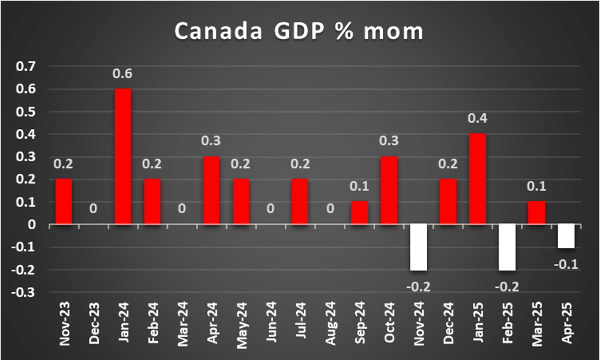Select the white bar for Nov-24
(418, 247)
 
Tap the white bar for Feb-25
(507, 247)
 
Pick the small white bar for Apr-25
(566, 236)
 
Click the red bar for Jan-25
(478, 179)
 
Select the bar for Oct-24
(389, 190)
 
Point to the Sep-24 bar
(359, 213)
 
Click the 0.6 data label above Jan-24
(123, 74)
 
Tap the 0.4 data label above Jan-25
(478, 119)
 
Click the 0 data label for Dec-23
(93, 209)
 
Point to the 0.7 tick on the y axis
(28, 66)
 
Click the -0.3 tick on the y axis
(27, 293)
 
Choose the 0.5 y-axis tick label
(28, 112)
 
